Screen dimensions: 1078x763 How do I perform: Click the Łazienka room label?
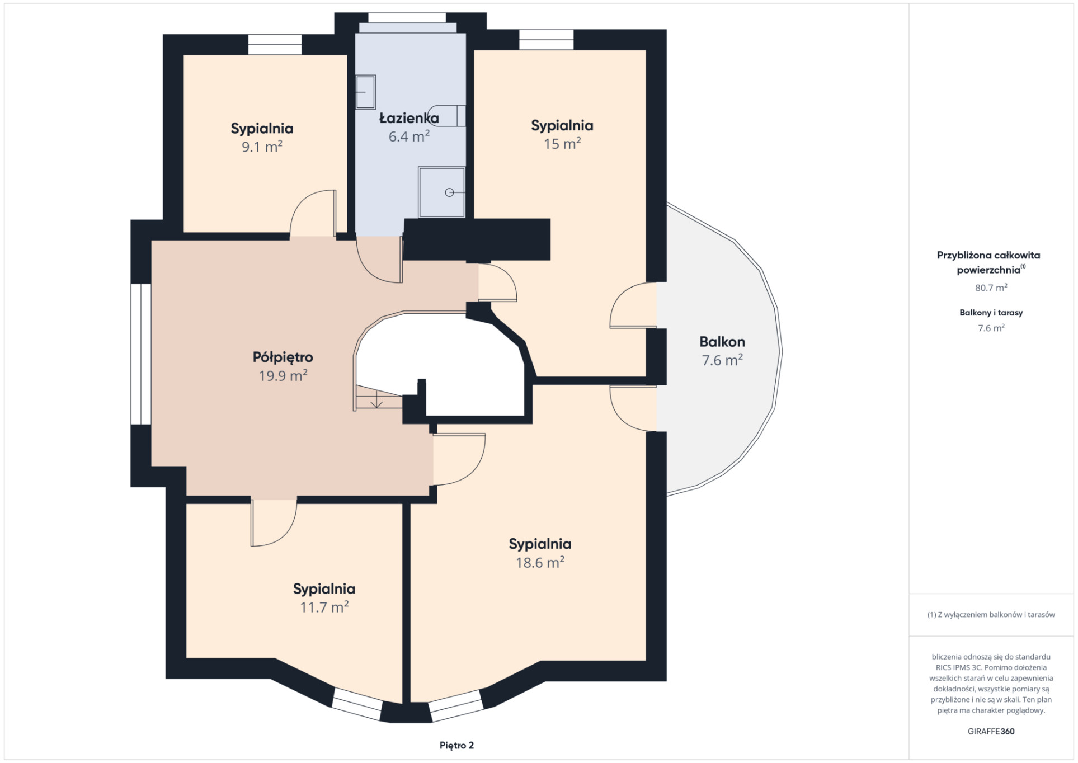pos(409,118)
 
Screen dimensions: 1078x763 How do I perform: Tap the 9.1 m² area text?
pos(262,147)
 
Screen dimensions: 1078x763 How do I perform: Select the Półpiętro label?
pos(283,357)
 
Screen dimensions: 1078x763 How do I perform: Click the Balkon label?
pos(722,341)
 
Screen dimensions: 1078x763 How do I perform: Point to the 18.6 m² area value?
pos(540,562)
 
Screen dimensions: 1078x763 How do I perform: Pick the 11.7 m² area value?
pos(324,607)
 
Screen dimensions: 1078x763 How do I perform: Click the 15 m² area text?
pos(562,144)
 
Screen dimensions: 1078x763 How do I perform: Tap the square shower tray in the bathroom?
pos(441,192)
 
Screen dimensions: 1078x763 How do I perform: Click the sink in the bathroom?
pos(365,92)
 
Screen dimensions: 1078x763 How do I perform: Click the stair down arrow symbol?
pos(376,401)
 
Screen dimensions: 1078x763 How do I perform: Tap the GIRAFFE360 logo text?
pos(991,731)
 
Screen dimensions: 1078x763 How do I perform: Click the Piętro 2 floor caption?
pos(456,745)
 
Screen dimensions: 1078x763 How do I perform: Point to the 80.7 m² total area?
pos(991,288)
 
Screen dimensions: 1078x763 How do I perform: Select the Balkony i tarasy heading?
pos(991,313)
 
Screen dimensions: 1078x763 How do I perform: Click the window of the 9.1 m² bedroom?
pos(275,45)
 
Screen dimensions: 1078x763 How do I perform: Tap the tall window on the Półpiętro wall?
pos(141,354)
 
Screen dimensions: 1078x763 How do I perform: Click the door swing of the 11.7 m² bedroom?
pos(274,523)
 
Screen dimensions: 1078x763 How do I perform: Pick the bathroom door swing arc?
pos(379,260)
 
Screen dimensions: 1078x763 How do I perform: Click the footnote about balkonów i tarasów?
pos(991,614)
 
